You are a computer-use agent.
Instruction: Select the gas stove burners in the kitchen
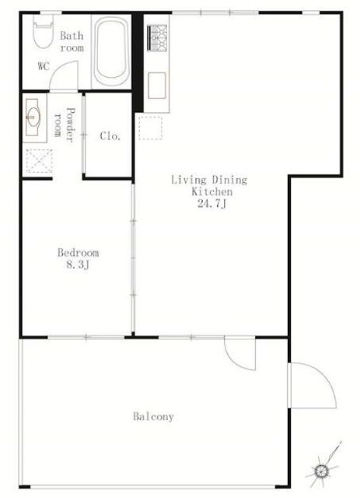(x=157, y=38)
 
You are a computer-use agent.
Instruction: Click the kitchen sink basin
(x=157, y=86)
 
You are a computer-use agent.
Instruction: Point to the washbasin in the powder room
(x=33, y=117)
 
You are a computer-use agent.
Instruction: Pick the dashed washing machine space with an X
(x=39, y=161)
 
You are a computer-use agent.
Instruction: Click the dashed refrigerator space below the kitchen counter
(x=151, y=128)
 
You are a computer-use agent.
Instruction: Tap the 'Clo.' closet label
(x=110, y=136)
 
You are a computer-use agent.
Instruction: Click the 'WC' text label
(x=44, y=66)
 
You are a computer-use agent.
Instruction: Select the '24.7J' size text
(x=211, y=204)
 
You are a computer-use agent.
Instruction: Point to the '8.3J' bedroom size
(x=78, y=265)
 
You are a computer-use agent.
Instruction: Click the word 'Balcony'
(x=153, y=416)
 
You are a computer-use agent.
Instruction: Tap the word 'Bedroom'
(x=78, y=253)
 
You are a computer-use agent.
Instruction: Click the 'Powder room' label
(x=65, y=124)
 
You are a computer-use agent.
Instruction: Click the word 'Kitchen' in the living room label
(x=211, y=192)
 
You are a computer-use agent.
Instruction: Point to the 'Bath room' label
(x=72, y=41)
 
